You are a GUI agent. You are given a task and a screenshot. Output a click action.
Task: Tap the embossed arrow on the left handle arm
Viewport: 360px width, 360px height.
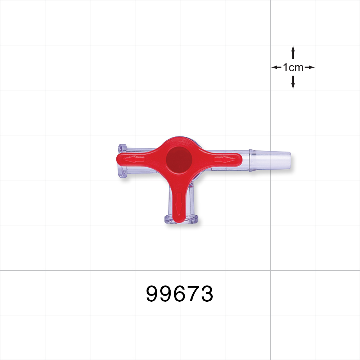(134, 159)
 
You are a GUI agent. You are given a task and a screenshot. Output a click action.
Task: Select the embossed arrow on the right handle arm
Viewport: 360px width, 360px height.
(225, 159)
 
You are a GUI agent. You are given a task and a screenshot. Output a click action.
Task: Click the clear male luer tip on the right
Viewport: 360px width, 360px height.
(270, 160)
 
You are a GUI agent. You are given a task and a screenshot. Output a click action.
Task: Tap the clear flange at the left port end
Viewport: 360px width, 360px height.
(122, 161)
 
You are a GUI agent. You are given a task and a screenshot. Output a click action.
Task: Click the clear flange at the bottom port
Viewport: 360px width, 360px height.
(181, 219)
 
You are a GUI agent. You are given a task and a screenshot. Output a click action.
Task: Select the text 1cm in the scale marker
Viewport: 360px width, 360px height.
(293, 67)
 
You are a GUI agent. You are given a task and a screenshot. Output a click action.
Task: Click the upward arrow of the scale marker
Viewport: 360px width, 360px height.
(293, 52)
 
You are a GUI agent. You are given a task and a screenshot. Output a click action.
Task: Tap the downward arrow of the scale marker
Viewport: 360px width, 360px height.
(293, 82)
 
